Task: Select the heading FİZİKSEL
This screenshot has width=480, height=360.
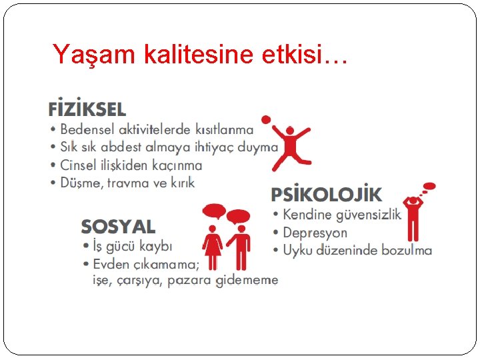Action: tap(87, 109)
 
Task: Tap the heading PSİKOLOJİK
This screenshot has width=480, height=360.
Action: tap(327, 195)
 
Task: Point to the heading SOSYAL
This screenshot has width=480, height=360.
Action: tap(118, 227)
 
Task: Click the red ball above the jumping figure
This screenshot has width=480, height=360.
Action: tap(266, 120)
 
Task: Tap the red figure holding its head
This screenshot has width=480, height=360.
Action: tap(413, 217)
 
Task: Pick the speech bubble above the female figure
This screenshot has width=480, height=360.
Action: tap(214, 212)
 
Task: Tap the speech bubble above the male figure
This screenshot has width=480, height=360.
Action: tap(238, 216)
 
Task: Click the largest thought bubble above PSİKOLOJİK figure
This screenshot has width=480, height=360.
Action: tap(430, 186)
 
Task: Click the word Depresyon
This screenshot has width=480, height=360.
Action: tap(315, 233)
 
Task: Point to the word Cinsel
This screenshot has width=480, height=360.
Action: tap(79, 165)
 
